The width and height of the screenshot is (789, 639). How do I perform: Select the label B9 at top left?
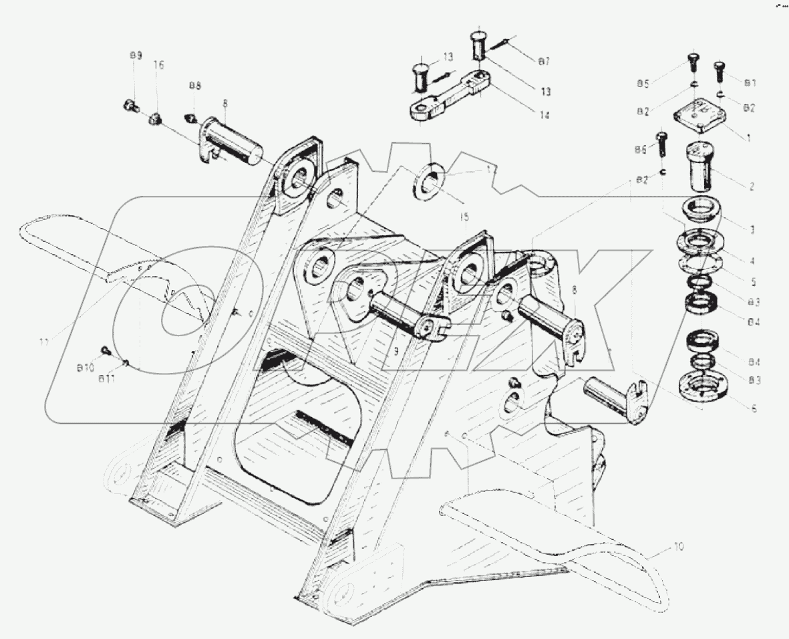135,56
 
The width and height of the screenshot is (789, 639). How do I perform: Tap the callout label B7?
544,61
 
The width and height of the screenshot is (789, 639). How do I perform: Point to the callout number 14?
544,114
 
